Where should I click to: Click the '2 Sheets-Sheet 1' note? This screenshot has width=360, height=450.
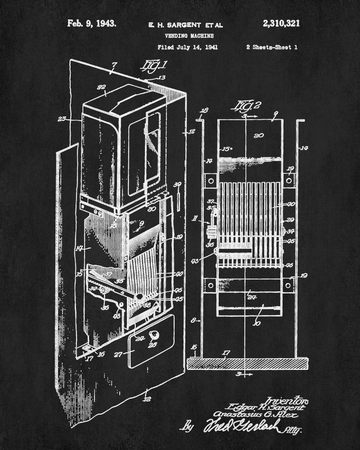point(272,47)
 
